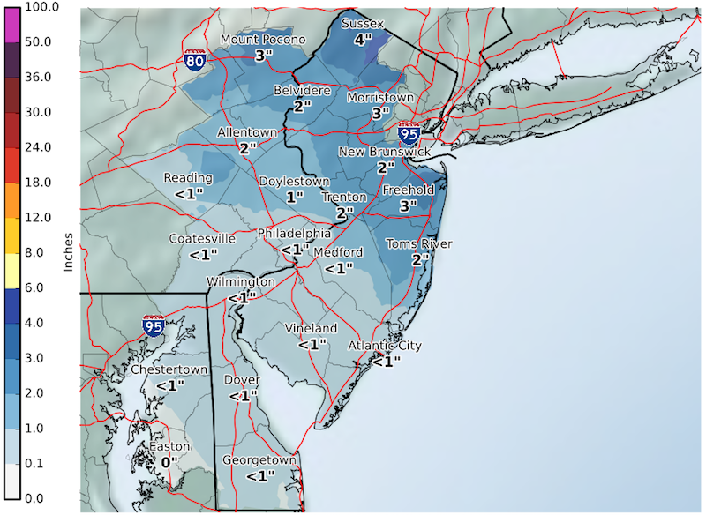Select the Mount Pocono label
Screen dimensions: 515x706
[262, 40]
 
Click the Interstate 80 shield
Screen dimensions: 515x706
[196, 60]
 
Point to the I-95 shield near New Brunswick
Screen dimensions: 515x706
[409, 132]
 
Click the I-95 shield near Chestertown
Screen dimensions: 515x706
[154, 325]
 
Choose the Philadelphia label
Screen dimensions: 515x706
[294, 234]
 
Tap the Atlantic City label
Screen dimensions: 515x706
[385, 345]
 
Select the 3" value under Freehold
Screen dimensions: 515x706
[408, 205]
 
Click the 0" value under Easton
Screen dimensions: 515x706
[169, 461]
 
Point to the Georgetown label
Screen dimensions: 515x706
[258, 460]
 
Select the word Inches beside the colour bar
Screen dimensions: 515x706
[67, 252]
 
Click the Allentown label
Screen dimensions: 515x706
[247, 132]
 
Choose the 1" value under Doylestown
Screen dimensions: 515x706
[294, 197]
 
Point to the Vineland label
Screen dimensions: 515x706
[311, 328]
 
